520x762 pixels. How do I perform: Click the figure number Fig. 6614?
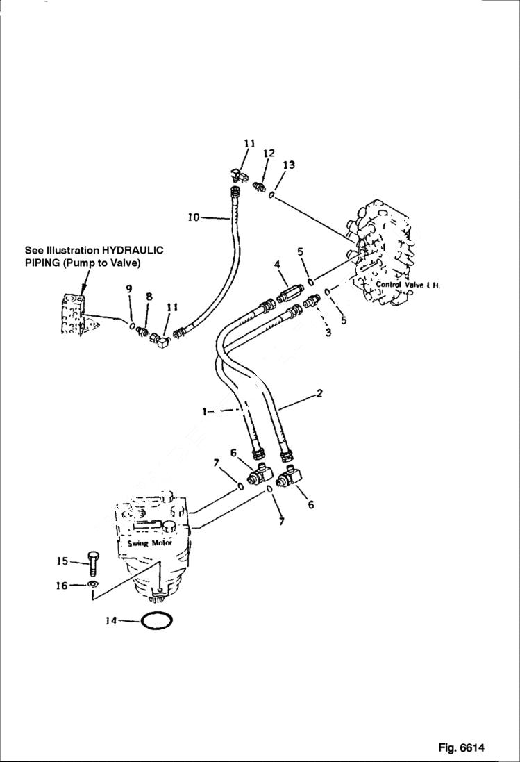tap(461, 748)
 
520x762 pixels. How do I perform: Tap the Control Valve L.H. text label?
tap(408, 285)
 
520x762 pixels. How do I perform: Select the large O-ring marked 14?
tap(157, 620)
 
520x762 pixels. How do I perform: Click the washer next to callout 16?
tap(93, 586)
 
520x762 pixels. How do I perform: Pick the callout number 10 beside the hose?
tap(194, 217)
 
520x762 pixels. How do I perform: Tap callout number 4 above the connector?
tap(276, 265)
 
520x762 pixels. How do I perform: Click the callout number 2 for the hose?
tap(319, 394)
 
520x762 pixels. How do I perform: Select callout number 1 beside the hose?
tap(206, 411)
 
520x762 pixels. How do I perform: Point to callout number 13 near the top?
tap(289, 165)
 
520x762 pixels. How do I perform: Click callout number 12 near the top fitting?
tap(269, 153)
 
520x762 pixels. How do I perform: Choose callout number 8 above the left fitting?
tap(148, 297)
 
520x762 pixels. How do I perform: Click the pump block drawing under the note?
tap(73, 315)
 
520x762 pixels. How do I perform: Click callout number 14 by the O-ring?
tap(110, 621)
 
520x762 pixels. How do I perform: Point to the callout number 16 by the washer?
tap(62, 586)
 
